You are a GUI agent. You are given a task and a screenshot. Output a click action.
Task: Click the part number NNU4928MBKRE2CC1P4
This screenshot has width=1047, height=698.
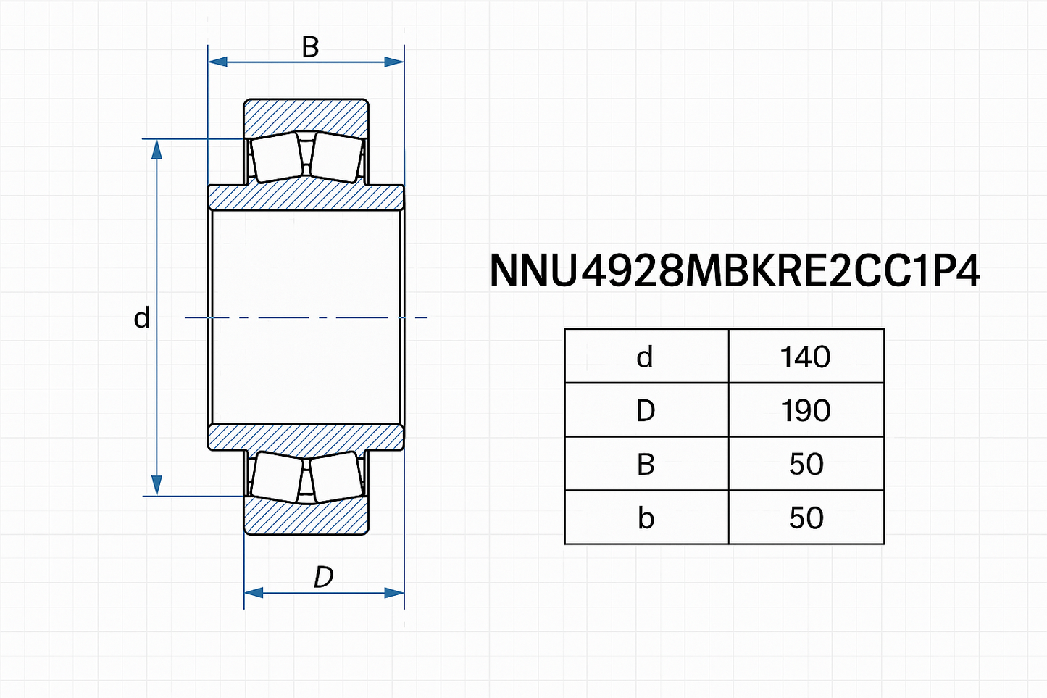click(x=735, y=271)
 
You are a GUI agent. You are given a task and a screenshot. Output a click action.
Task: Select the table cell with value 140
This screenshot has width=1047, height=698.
click(x=805, y=357)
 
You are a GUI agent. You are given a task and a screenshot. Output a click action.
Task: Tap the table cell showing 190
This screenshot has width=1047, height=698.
click(x=805, y=410)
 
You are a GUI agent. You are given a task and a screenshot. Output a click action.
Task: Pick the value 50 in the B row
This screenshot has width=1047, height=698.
click(x=806, y=464)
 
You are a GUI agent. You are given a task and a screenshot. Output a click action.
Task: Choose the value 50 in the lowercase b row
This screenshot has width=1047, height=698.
click(x=806, y=518)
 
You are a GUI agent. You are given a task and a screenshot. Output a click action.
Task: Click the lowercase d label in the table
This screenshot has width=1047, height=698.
click(x=645, y=357)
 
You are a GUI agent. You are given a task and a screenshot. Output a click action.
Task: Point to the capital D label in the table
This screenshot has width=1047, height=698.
click(x=645, y=410)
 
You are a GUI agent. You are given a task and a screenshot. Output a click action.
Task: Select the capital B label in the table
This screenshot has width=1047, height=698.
click(x=645, y=464)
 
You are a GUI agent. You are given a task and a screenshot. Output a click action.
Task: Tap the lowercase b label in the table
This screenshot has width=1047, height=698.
click(x=645, y=518)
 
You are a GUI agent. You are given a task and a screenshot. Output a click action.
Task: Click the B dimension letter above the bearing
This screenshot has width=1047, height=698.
click(x=310, y=47)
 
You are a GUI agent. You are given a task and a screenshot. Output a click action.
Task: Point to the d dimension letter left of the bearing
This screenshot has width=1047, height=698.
click(x=142, y=318)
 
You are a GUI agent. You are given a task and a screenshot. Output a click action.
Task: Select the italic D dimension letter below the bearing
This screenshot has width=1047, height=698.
click(x=323, y=577)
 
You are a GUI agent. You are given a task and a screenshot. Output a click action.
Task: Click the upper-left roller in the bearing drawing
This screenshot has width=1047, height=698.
click(x=277, y=157)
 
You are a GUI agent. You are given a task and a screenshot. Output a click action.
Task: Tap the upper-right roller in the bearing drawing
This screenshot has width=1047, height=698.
click(x=336, y=157)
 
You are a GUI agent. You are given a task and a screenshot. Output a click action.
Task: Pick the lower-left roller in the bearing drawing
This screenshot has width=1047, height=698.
click(x=277, y=477)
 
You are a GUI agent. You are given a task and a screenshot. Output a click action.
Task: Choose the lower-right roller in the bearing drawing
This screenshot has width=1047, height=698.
click(x=336, y=477)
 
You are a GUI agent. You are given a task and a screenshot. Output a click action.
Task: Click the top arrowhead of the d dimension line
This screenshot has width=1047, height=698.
click(x=157, y=148)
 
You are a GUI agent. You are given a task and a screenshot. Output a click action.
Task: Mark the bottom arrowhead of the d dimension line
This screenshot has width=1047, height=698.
click(x=157, y=486)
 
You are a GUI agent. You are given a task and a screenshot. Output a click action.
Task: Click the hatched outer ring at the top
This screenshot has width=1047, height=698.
click(x=306, y=116)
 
